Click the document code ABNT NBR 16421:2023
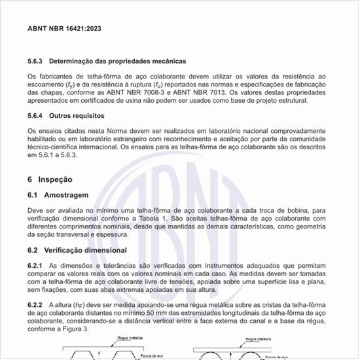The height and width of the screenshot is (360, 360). (x=64, y=29)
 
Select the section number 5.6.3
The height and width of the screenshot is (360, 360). (x=35, y=61)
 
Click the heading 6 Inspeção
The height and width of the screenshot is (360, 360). (x=49, y=179)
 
